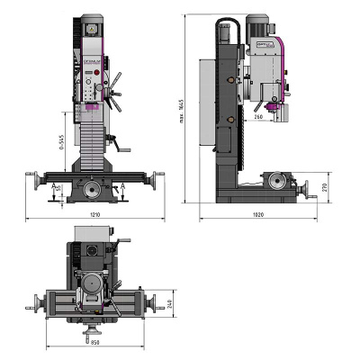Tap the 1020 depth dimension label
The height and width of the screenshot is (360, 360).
pyautogui.click(x=257, y=216)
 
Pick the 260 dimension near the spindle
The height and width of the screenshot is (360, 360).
pyautogui.click(x=259, y=116)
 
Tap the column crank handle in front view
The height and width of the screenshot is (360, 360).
pyautogui.click(x=113, y=140)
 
